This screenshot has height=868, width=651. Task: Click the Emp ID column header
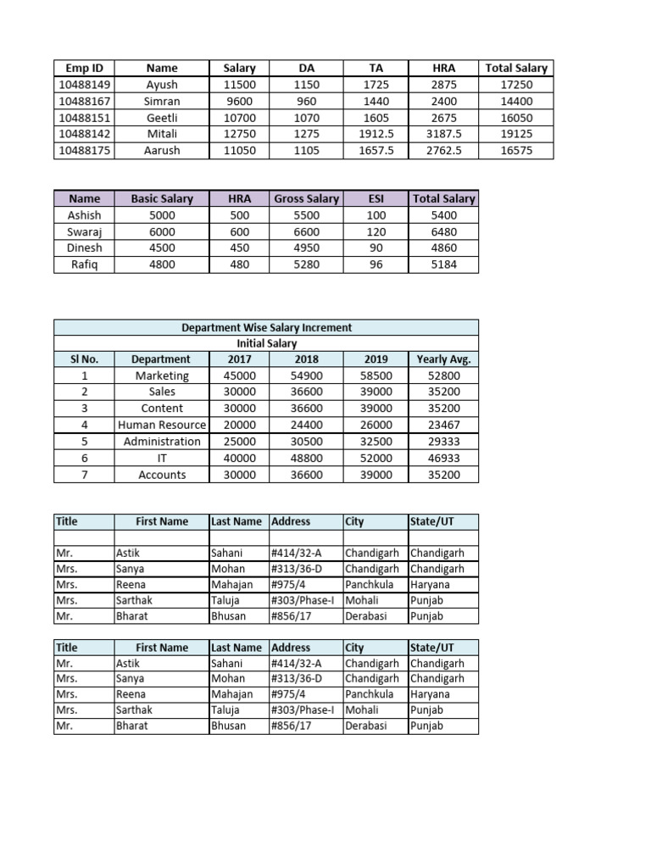click(x=84, y=68)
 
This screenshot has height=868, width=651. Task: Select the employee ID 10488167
click(x=84, y=101)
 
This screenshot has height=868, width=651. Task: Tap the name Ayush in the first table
click(x=162, y=85)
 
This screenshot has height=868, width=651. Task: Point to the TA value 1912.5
click(x=376, y=134)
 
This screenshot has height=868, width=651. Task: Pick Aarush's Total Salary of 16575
click(x=516, y=150)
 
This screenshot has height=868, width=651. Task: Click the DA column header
click(x=307, y=68)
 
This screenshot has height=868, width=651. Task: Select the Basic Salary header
click(x=162, y=198)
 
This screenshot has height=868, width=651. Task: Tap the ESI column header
click(x=376, y=198)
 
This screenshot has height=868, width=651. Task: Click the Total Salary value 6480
click(x=444, y=231)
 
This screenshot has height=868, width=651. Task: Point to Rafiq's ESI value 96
click(x=376, y=264)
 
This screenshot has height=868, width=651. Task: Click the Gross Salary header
click(x=307, y=198)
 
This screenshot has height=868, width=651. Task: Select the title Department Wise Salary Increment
click(x=266, y=327)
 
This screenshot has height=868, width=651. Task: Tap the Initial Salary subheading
click(x=266, y=343)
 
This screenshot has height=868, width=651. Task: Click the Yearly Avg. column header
click(x=444, y=359)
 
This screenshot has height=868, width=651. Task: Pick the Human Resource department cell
click(x=162, y=425)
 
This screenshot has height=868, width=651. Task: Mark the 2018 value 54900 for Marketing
click(x=307, y=376)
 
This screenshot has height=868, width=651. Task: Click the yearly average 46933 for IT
click(x=444, y=458)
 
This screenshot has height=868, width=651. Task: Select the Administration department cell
click(x=162, y=442)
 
